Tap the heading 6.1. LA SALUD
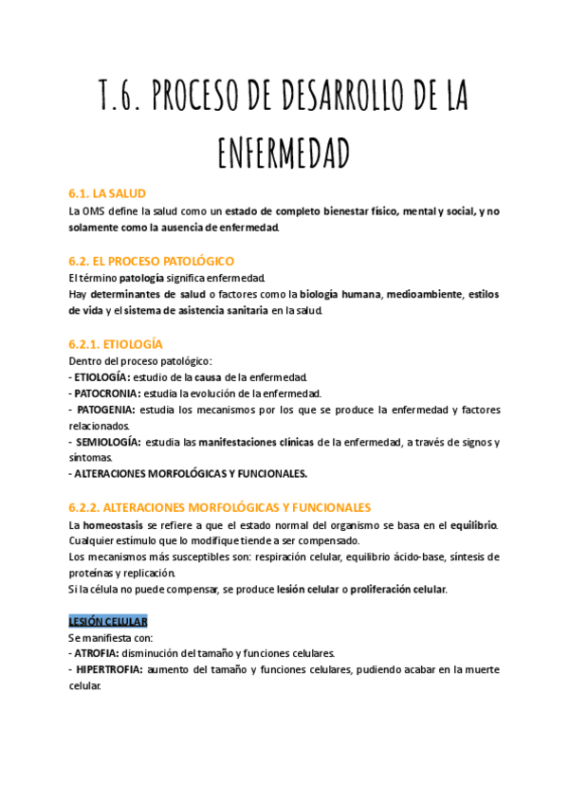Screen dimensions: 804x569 (x=107, y=193)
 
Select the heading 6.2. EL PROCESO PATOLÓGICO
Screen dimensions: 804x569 (x=152, y=261)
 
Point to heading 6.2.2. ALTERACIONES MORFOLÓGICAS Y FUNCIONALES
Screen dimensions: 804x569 (x=220, y=508)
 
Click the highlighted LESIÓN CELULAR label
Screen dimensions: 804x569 (x=108, y=622)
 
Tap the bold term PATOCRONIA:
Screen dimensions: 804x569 (x=106, y=393)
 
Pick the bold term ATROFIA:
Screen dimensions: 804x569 (x=97, y=653)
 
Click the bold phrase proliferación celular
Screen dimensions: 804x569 (x=397, y=589)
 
